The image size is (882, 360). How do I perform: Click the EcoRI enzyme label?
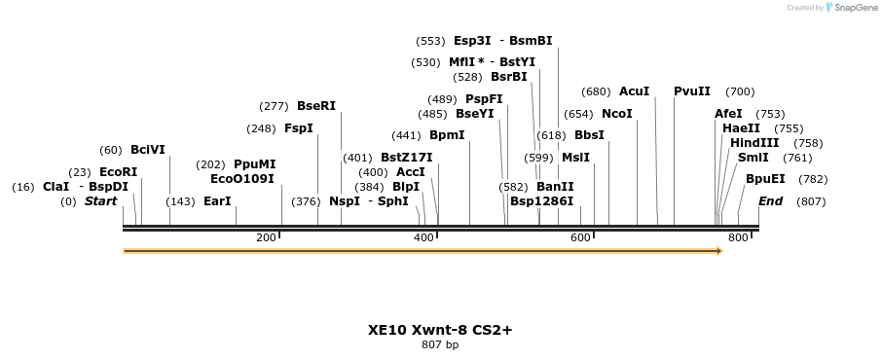[x=118, y=171]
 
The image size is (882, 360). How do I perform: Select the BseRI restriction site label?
[x=315, y=106]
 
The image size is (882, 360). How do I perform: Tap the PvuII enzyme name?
[x=692, y=91]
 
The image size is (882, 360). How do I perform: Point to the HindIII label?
[x=754, y=143]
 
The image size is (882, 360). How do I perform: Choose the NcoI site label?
[x=617, y=114]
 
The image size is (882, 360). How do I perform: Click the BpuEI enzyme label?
[x=765, y=179]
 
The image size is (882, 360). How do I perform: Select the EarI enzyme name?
[x=217, y=201]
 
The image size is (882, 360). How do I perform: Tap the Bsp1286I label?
[x=541, y=201]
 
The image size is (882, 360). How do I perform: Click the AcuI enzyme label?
[x=634, y=91]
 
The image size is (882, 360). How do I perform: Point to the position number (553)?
[x=429, y=42]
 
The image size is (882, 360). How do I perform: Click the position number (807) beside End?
[x=811, y=201]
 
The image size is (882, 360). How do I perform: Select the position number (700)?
[x=740, y=91]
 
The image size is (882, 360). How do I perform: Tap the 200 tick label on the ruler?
[x=266, y=237]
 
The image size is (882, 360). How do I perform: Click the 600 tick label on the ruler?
[x=580, y=237]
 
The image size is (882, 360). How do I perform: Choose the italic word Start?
[x=100, y=201]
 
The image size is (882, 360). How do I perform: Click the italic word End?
[x=770, y=201]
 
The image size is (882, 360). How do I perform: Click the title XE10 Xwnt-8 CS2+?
[x=440, y=330]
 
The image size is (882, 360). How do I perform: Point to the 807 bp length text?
[x=440, y=344]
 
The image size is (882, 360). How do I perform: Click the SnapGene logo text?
[x=852, y=8]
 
